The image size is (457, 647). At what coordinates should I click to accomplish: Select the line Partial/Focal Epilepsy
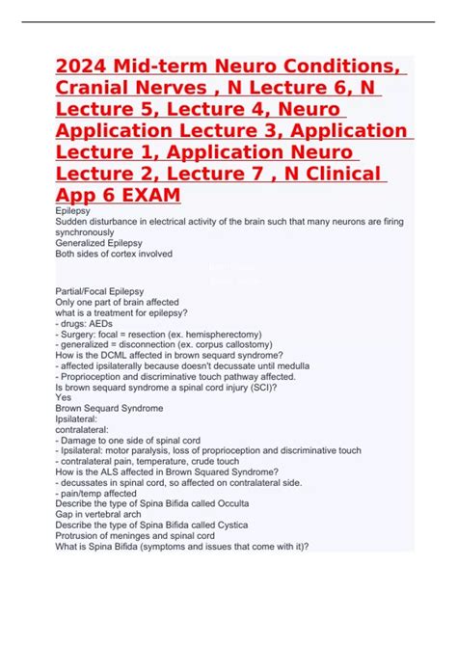[102, 289]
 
